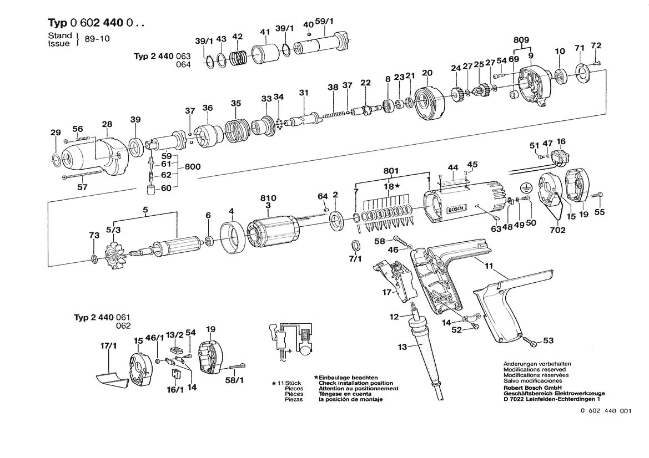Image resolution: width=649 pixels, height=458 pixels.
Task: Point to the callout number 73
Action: (94, 236)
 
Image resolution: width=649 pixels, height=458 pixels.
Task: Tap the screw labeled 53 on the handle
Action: (531, 340)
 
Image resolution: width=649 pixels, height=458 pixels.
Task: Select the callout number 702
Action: (557, 230)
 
